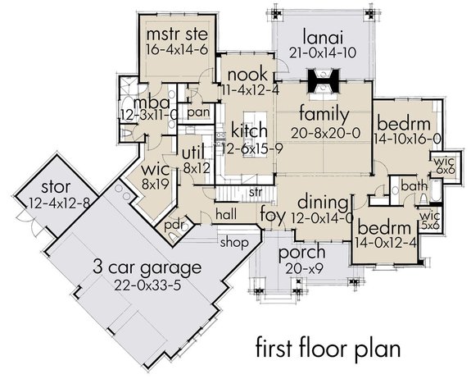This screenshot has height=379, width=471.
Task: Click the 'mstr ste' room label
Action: pyautogui.click(x=175, y=34)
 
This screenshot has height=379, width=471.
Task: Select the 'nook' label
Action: pyautogui.click(x=242, y=74)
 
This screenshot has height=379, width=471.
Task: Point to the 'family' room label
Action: pyautogui.click(x=324, y=113)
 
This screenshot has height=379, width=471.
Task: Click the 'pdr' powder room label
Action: pyautogui.click(x=173, y=223)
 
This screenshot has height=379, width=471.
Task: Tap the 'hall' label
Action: pyautogui.click(x=227, y=213)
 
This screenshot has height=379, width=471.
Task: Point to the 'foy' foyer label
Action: pyautogui.click(x=272, y=216)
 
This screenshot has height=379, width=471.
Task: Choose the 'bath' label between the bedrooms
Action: pyautogui.click(x=413, y=186)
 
